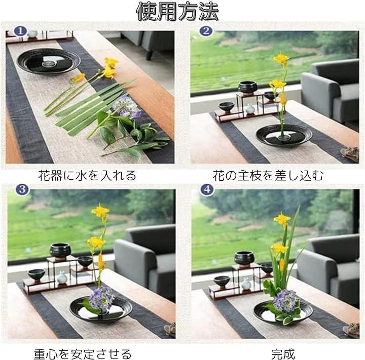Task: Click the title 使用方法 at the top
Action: [x=177, y=12]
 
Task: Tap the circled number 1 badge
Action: [x=20, y=31]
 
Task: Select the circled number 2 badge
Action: [x=206, y=31]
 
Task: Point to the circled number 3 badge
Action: [x=22, y=189]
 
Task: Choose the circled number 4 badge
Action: [x=207, y=190]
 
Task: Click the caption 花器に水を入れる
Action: [x=87, y=176]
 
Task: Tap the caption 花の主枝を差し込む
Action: [x=268, y=176]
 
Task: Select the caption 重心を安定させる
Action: [x=83, y=354]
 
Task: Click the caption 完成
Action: [x=283, y=354]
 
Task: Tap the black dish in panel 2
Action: [x=284, y=135]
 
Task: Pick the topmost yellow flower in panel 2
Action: [x=281, y=59]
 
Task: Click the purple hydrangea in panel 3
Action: [x=101, y=298]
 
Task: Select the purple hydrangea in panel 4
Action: [x=285, y=301]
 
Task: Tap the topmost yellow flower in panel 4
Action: [x=282, y=219]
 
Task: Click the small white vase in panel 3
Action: [x=62, y=277]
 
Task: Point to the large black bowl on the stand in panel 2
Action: [x=248, y=88]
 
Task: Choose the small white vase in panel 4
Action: [x=246, y=284]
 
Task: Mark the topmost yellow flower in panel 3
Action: [x=100, y=211]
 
